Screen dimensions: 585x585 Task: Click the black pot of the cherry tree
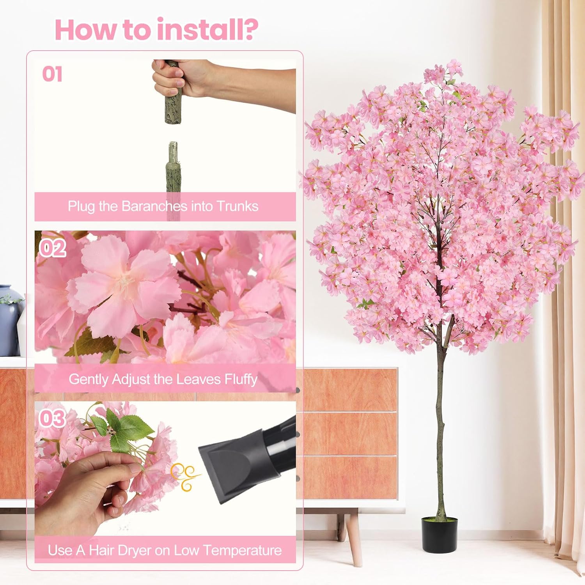point(439,534)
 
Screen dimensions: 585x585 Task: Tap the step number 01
point(52,74)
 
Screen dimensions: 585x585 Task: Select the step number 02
point(53,248)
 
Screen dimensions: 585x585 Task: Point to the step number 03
point(52,418)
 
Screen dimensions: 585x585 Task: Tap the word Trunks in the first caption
point(237,206)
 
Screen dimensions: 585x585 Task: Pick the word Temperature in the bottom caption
point(242,550)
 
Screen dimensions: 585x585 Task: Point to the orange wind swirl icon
point(186,476)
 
